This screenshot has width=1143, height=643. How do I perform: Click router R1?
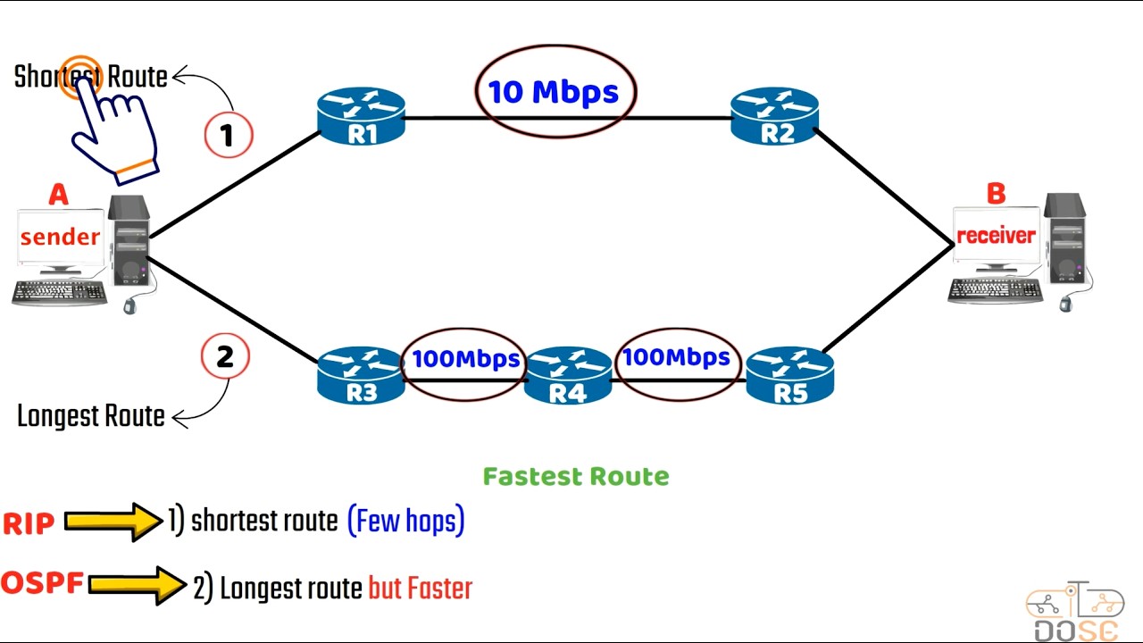[x=361, y=117]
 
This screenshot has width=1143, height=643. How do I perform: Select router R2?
[x=774, y=117]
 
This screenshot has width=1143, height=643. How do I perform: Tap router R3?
[x=361, y=376]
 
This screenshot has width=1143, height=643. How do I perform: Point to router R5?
[x=789, y=376]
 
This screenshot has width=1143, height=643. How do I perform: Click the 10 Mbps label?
[x=554, y=92]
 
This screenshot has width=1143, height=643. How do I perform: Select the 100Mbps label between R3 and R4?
[x=465, y=359]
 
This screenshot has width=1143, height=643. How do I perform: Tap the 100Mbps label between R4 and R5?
[x=676, y=357]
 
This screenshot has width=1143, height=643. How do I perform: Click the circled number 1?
[x=229, y=135]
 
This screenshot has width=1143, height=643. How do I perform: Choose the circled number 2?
[x=225, y=356]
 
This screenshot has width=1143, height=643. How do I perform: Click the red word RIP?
[x=29, y=524]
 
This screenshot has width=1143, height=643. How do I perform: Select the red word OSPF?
[x=42, y=584]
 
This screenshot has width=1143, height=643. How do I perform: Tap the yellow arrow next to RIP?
[x=113, y=522]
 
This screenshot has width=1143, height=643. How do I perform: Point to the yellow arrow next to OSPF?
[x=137, y=585]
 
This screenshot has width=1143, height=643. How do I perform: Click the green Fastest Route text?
[x=576, y=477]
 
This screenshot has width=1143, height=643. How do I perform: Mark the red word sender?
[x=60, y=237]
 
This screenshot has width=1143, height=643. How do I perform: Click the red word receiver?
[x=996, y=236]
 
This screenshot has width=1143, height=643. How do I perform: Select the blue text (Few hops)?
[x=406, y=521]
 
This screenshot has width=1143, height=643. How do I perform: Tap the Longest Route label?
[x=91, y=416]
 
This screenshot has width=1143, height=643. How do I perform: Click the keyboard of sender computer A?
[x=59, y=292]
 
